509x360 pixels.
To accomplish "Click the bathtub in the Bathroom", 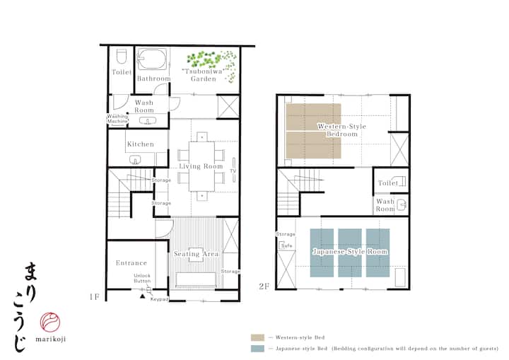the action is [x=152, y=59].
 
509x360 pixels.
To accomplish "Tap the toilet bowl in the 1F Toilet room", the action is [x=122, y=57].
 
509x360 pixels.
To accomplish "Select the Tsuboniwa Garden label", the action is [x=204, y=75].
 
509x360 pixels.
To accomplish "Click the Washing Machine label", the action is [x=117, y=119].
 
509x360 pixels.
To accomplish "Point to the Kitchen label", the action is [x=141, y=144].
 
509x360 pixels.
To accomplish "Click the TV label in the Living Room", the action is [x=233, y=171].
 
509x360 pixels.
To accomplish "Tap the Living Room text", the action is [x=201, y=166].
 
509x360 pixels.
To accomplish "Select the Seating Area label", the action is [x=197, y=254].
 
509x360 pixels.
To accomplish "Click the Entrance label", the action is [x=131, y=263].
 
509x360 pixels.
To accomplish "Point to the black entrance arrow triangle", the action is [x=142, y=296].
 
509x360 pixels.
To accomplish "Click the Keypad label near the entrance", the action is [x=159, y=299].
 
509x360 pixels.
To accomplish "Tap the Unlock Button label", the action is [x=142, y=278].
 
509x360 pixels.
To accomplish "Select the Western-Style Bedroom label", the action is [x=341, y=130].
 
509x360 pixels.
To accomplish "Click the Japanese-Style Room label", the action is [x=350, y=252].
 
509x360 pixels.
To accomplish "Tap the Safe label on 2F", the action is [x=287, y=245].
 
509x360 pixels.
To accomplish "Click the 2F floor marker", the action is [x=264, y=286].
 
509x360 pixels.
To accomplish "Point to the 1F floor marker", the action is [x=95, y=297].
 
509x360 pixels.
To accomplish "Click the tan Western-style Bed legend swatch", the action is [x=257, y=337].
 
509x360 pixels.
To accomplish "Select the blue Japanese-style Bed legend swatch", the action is [x=257, y=348].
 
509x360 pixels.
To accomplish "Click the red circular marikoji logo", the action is [x=50, y=323].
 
